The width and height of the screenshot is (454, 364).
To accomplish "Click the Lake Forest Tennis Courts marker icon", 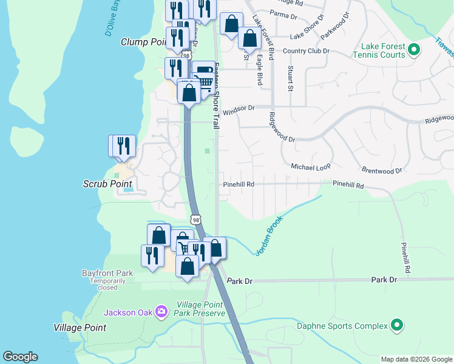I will (414, 50).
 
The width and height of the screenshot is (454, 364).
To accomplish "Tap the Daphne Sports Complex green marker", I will (397, 326).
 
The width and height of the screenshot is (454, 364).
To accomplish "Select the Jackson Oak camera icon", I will (161, 312).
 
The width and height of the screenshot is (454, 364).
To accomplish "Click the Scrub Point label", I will (107, 183).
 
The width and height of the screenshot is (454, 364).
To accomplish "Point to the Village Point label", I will (80, 328).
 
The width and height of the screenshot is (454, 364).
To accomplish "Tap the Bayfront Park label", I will (107, 273).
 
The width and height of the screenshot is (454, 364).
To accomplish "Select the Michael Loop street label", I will (311, 166).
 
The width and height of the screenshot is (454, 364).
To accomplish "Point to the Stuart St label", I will (291, 79).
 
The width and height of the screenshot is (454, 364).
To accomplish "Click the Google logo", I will (20, 357).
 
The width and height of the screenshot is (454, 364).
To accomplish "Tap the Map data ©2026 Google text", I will (416, 359).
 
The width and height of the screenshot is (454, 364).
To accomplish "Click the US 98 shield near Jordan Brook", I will (194, 218).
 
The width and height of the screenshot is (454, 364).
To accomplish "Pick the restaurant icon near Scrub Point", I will (124, 146).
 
